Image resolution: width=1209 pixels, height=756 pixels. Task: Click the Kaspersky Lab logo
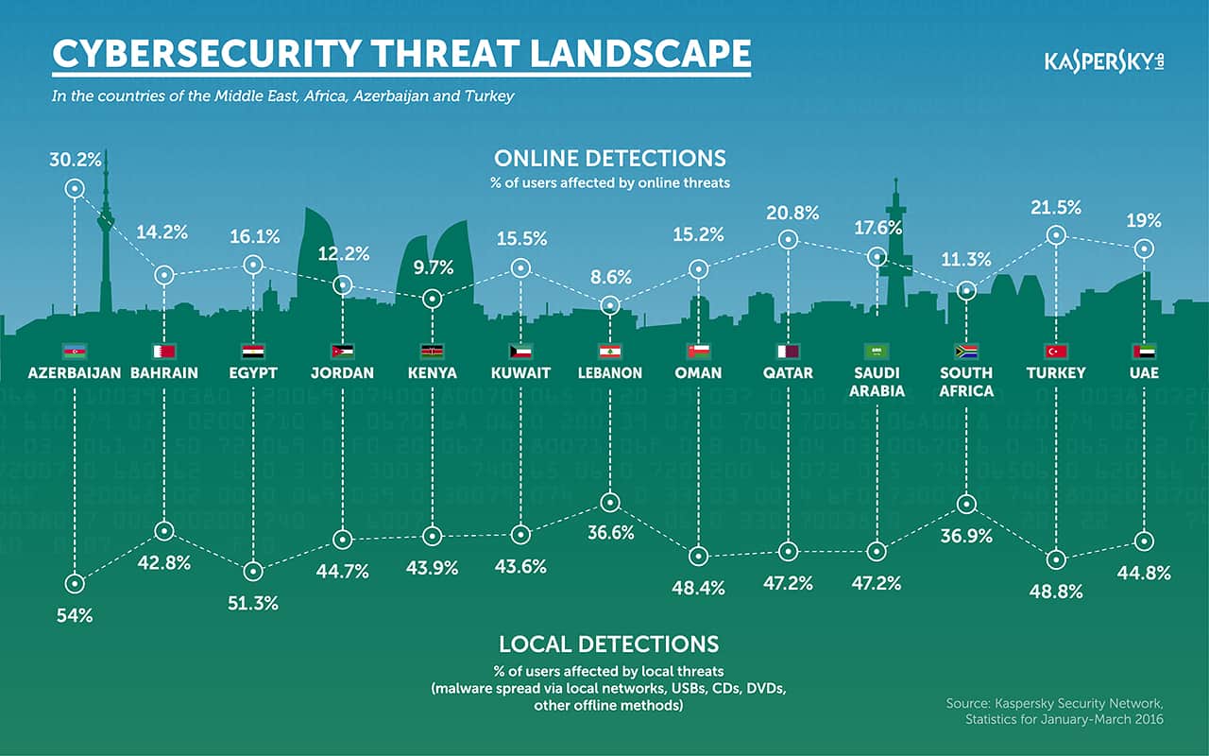tap(1103, 62)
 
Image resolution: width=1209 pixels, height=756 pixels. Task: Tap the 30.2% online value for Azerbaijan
tap(76, 160)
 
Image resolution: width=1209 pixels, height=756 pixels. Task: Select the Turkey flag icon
tap(1056, 352)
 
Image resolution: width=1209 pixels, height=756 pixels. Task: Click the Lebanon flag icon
tap(610, 352)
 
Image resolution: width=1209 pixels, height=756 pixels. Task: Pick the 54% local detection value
tap(75, 615)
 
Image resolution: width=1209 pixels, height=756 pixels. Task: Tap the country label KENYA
tap(432, 373)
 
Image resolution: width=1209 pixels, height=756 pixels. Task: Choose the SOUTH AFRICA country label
tap(965, 382)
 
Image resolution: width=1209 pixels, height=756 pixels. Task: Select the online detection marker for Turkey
tap(1056, 234)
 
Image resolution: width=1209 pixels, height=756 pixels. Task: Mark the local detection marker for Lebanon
tap(610, 502)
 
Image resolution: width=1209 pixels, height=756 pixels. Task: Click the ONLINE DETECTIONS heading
tap(610, 158)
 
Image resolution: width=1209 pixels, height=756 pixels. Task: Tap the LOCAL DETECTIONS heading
tap(609, 644)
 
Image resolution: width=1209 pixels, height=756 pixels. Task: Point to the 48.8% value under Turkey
tap(1056, 592)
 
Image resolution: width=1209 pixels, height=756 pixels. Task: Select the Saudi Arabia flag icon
tap(877, 352)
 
